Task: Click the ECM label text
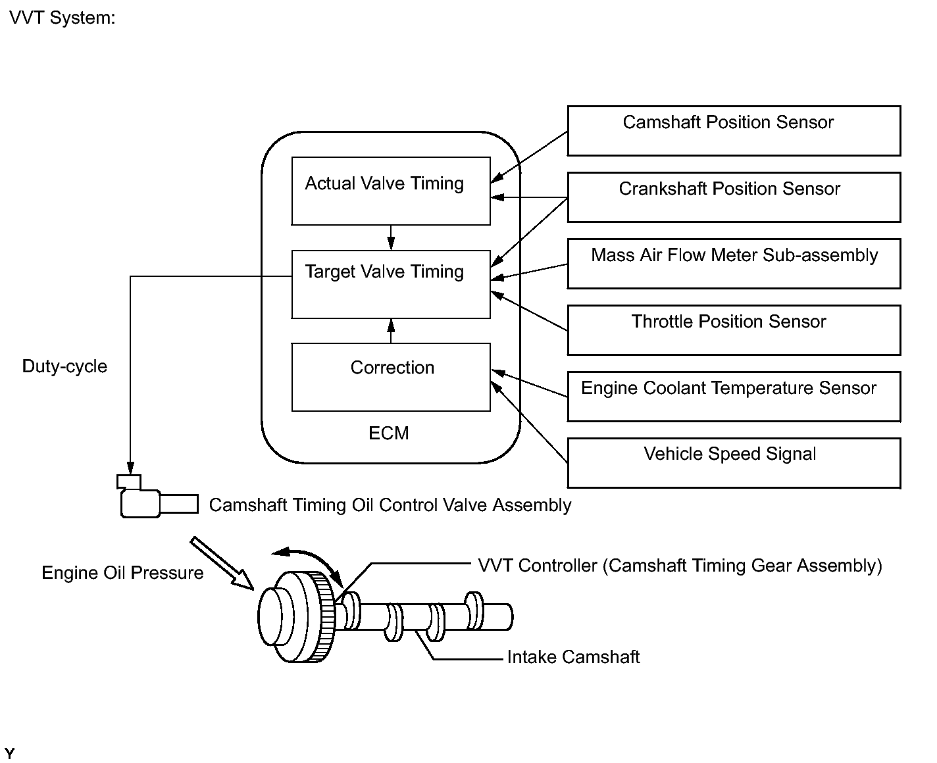[x=388, y=433]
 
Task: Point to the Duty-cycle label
[x=64, y=366]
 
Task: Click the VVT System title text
[x=62, y=18]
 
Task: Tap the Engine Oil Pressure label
[x=122, y=573]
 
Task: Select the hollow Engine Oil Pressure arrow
[x=222, y=563]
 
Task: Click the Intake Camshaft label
[x=573, y=657]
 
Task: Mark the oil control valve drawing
[x=157, y=497]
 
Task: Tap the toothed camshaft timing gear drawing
[x=297, y=616]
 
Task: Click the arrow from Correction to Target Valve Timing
[x=391, y=331]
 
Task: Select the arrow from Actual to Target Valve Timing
[x=391, y=237]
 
